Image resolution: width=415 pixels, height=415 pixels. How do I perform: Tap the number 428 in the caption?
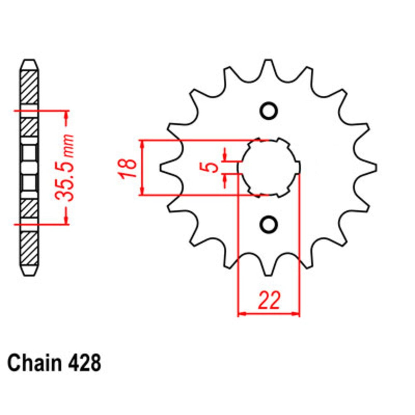click(x=83, y=363)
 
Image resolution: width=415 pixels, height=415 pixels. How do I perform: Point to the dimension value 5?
click(x=212, y=167)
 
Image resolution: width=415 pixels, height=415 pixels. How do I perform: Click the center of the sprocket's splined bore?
click(x=269, y=167)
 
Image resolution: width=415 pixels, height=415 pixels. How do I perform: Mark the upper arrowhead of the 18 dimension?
click(x=143, y=144)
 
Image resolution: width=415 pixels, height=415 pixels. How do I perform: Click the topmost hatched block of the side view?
click(x=29, y=87)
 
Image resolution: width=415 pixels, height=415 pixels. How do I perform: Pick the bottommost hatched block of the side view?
click(x=29, y=249)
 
